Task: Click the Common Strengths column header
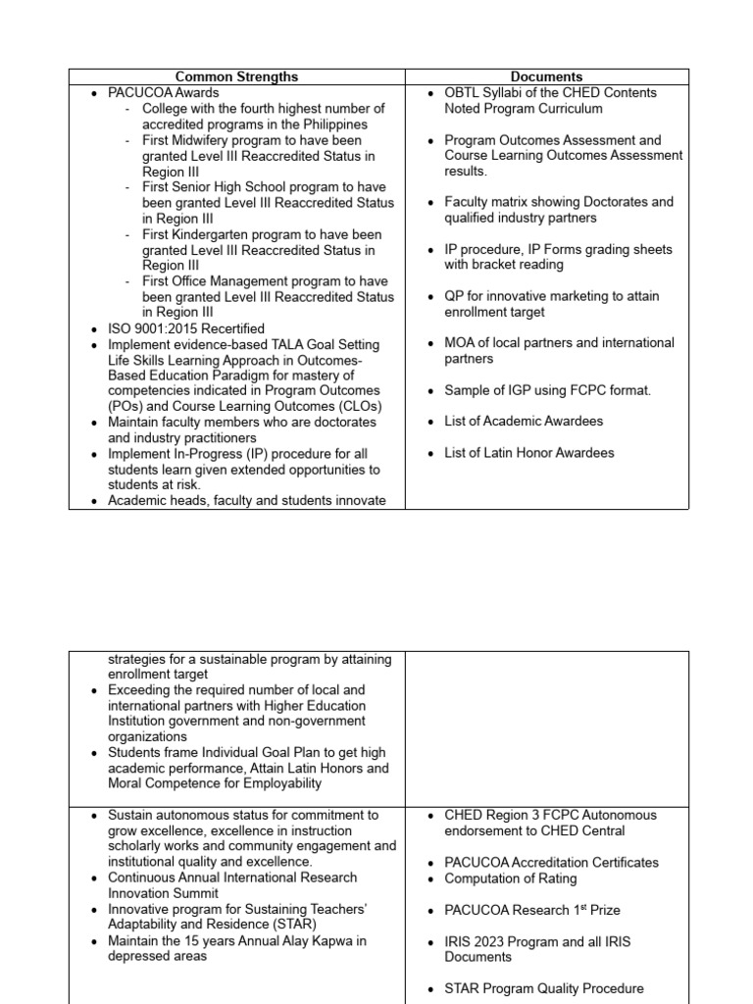(x=236, y=76)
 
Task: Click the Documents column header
(x=546, y=76)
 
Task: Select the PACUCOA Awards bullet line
(x=163, y=92)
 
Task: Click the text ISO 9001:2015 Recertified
(x=186, y=328)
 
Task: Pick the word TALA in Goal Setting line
(x=268, y=344)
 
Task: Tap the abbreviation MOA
(x=462, y=343)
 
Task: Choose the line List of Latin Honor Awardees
(x=529, y=453)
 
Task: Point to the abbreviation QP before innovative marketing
(x=455, y=296)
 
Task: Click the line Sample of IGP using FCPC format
(x=547, y=390)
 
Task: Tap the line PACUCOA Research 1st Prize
(x=531, y=910)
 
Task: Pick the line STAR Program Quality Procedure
(x=544, y=988)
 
